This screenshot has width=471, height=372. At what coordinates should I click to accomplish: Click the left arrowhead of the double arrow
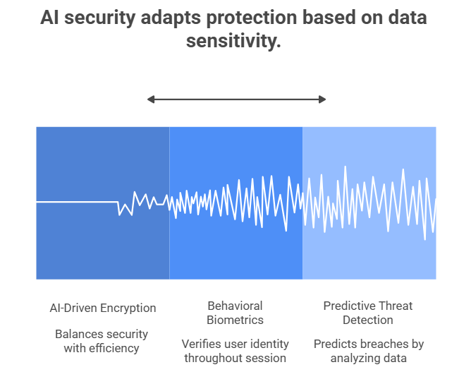point(151,100)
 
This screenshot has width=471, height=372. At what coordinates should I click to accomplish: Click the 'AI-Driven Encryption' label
point(103,308)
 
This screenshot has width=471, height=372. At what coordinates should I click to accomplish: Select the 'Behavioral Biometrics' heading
point(235,313)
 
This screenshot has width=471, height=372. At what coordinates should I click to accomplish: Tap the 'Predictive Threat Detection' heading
point(368,313)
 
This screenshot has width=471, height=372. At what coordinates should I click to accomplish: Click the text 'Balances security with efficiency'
point(102,341)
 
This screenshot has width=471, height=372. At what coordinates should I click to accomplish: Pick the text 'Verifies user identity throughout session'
point(235,351)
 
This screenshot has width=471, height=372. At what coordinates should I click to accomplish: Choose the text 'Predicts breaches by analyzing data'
point(368,351)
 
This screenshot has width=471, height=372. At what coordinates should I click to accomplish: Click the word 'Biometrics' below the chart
point(235,320)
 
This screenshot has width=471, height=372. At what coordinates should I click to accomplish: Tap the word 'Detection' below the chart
point(368,320)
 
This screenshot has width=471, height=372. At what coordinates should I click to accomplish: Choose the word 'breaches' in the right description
point(381,344)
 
